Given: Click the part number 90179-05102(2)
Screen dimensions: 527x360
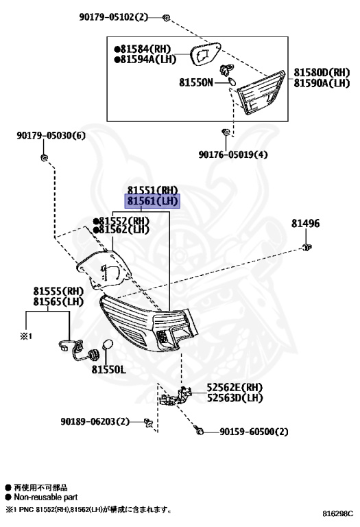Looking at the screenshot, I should [x=122, y=16].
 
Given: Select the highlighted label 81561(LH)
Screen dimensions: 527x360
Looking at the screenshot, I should [x=152, y=201].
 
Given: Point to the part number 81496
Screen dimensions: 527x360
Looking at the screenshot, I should [x=304, y=224].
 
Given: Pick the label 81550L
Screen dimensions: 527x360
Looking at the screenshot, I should [x=109, y=369].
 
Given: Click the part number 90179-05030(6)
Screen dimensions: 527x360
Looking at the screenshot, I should [x=51, y=136].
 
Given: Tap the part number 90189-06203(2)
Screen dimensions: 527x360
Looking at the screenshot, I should [x=95, y=421].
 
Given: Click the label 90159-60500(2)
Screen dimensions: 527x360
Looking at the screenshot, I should [x=254, y=432].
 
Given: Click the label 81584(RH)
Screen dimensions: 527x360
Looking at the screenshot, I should [x=145, y=49].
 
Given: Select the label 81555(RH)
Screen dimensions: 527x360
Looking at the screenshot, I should [x=58, y=291].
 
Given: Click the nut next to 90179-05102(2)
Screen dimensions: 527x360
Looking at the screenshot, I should [x=167, y=16].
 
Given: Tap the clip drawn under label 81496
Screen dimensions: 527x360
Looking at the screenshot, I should [x=308, y=246].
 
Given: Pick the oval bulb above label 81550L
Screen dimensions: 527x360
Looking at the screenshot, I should [x=107, y=347].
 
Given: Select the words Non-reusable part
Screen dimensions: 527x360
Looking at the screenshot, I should [x=45, y=497].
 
